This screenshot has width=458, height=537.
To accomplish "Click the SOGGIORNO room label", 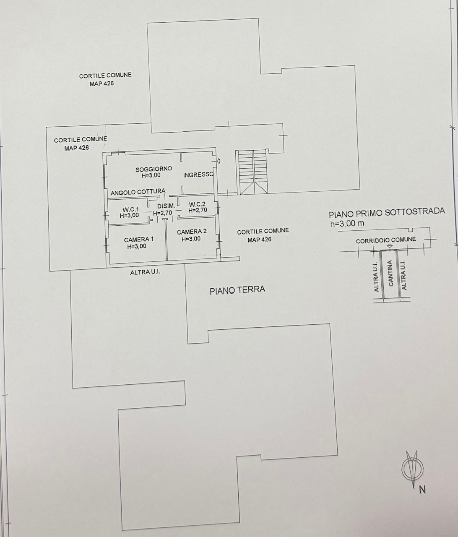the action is tap(154, 169).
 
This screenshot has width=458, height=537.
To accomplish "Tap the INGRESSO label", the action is tap(198, 175).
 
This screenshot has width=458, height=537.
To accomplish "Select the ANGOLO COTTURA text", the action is tap(138, 192).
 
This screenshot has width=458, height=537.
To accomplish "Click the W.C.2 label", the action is tap(197, 204).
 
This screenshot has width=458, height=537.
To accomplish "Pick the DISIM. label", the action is tap(166, 206).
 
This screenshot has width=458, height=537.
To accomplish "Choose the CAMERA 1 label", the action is tap(139, 239).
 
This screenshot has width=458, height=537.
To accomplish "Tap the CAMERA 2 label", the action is tap(192, 232).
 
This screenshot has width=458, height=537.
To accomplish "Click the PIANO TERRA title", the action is tap(237, 290).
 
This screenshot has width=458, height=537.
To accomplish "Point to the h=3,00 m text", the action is tap(347, 223).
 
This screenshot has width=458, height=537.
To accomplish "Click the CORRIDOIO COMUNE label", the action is tap(386, 240).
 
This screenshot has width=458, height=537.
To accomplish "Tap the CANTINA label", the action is tap(390, 273).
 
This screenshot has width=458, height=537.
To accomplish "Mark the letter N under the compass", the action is tap(422, 490).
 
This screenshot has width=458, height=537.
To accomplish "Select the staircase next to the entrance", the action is tap(253, 172).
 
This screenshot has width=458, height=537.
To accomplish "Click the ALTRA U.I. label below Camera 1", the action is tap(145, 272).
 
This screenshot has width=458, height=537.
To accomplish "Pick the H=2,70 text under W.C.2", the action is tap(198, 210).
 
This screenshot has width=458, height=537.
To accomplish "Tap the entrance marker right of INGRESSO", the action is tap(219, 162).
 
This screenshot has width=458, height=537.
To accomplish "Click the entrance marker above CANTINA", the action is tap(389, 246).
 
